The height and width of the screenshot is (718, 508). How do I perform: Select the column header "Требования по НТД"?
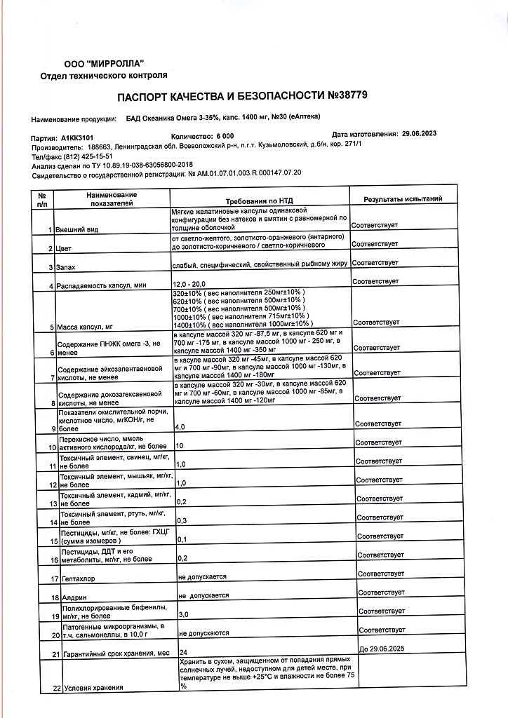[259, 201]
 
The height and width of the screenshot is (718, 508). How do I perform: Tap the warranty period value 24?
[183, 651]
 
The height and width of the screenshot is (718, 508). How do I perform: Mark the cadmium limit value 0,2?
[182, 502]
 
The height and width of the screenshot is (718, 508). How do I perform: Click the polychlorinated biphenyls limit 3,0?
[185, 614]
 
